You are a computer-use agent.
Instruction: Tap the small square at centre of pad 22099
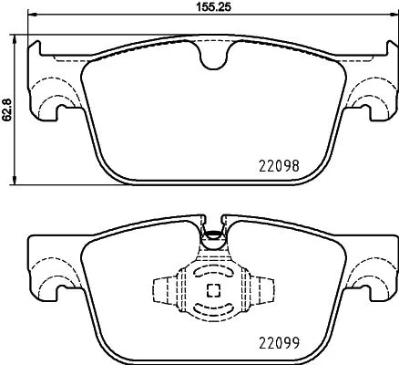[x=211, y=291]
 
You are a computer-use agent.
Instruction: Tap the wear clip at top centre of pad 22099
[x=211, y=234]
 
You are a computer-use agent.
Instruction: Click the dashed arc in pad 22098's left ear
[x=51, y=88]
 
